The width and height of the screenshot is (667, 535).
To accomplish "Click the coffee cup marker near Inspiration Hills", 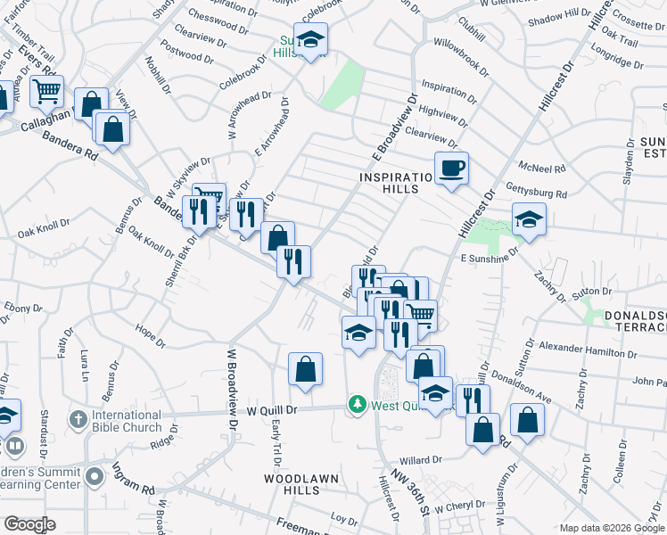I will point(451,167).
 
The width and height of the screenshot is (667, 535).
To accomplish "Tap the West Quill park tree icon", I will point(358,405).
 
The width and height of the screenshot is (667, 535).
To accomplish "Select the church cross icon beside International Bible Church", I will point(78,419).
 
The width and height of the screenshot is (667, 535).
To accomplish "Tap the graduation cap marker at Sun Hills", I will point(310,39).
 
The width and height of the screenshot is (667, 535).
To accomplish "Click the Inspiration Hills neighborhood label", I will point(401,183).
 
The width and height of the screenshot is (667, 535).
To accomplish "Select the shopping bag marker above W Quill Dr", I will point(305,368).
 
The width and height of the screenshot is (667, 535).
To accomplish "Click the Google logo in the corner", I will point(29,524).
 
